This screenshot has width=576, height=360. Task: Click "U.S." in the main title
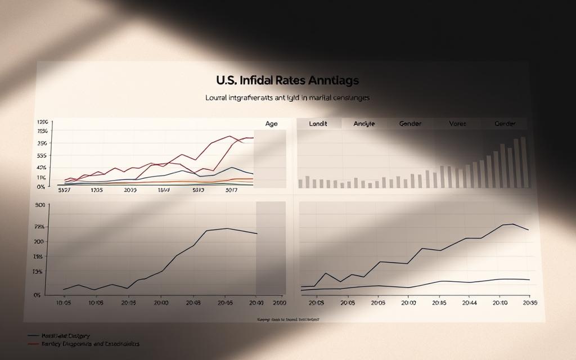[227, 81]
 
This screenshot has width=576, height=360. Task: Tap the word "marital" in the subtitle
[321, 98]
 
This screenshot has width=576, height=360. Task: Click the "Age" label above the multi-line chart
[271, 124]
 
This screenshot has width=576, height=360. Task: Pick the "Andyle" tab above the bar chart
[364, 124]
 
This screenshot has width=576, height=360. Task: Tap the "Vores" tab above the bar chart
[457, 124]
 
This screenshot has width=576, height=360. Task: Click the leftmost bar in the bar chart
[300, 183]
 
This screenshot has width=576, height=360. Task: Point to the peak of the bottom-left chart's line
[227, 228]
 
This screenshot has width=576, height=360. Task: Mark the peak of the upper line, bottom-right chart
[512, 224]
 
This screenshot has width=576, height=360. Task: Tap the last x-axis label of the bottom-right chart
[530, 303]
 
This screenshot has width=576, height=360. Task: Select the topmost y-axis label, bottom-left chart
[39, 205]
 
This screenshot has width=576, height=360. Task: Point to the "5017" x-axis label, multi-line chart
[231, 191]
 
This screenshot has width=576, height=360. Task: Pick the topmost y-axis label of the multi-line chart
[43, 122]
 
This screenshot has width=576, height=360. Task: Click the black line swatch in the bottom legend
[34, 335]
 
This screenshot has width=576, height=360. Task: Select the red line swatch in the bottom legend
[34, 343]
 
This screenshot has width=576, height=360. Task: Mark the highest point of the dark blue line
[232, 168]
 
